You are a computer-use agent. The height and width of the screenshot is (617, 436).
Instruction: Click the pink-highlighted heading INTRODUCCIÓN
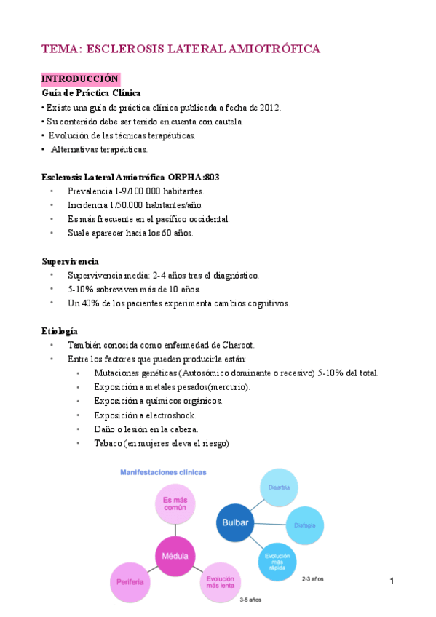(x=80, y=79)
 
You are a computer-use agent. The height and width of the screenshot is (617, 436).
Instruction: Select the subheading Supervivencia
(x=71, y=261)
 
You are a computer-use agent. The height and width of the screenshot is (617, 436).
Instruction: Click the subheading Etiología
(x=60, y=331)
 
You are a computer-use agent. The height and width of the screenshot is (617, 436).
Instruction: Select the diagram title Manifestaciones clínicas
(x=163, y=472)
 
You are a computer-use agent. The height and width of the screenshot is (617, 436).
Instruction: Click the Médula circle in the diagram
(x=174, y=557)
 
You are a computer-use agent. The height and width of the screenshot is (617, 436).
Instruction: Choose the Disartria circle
(x=279, y=487)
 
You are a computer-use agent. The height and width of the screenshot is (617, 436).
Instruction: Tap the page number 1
(x=392, y=581)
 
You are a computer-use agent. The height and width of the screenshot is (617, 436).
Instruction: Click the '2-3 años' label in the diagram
(x=313, y=580)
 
